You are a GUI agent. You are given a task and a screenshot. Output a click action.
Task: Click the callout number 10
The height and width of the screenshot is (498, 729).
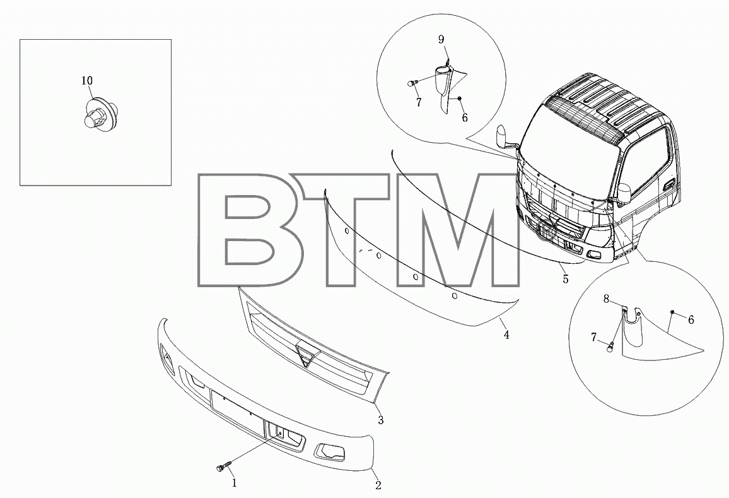coord(87,81)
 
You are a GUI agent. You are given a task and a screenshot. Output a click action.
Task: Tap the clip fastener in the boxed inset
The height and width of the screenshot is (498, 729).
coord(98,113)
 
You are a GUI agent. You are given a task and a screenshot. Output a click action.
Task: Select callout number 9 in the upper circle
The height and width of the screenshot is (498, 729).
coord(441,40)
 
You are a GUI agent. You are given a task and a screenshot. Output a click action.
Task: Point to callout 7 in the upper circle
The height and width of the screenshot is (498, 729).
coord(419,102)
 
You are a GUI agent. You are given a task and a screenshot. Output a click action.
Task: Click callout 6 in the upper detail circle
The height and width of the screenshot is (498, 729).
coord(465,117)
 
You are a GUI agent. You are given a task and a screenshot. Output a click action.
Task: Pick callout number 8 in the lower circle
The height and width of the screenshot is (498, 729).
coord(606,299)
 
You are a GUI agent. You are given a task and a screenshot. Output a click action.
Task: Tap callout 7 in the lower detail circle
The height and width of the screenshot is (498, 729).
coord(593,338)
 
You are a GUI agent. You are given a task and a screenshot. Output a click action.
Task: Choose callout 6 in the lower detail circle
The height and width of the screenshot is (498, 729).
coord(691,319)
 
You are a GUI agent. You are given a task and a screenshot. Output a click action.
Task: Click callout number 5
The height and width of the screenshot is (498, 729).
coord(565,279)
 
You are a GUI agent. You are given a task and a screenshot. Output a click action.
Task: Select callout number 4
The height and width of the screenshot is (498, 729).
coord(506,334)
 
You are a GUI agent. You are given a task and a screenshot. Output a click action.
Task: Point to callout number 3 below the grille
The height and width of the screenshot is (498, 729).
coord(380,420)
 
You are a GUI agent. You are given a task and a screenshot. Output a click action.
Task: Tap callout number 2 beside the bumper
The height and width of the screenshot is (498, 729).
coord(378,485)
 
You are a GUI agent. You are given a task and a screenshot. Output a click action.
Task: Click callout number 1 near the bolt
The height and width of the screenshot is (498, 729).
coord(235,483)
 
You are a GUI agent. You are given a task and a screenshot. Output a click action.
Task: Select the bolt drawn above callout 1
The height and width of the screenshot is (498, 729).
coord(223,465)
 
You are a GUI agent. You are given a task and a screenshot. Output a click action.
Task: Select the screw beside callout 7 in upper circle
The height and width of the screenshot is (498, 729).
coord(411,83)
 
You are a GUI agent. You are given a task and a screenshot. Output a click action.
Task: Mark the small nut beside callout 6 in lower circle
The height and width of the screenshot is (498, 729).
coord(672,311)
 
